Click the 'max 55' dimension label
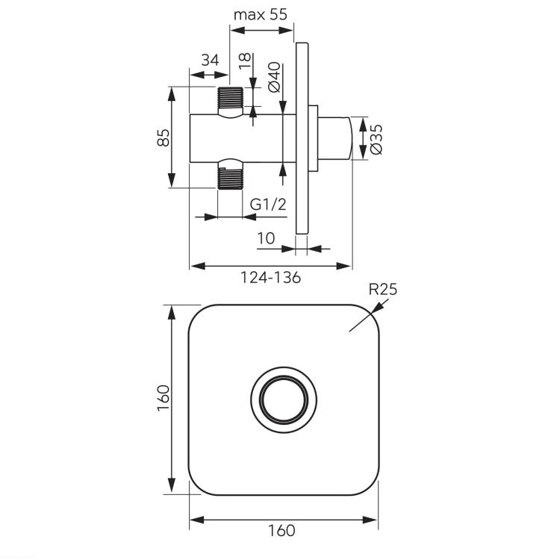pyautogui.click(x=260, y=15)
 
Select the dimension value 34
pyautogui.click(x=210, y=60)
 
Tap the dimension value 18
pyautogui.click(x=245, y=61)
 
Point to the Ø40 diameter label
pyautogui.click(x=274, y=77)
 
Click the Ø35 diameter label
pyautogui.click(x=376, y=140)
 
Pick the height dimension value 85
pyautogui.click(x=164, y=137)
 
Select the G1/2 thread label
pyautogui.click(x=268, y=205)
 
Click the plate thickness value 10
pyautogui.click(x=266, y=238)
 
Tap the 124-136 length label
pyautogui.click(x=271, y=278)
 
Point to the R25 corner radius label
pyautogui.click(x=382, y=289)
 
